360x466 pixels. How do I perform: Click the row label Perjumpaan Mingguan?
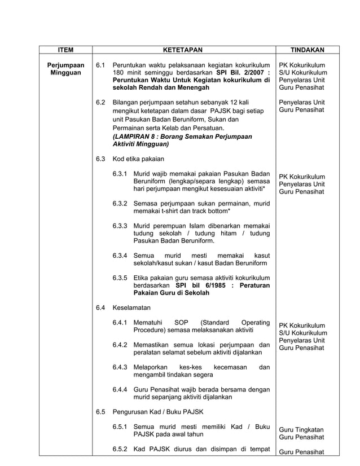pyautogui.click(x=65, y=69)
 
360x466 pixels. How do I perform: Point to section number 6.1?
pyautogui.click(x=101, y=65)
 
